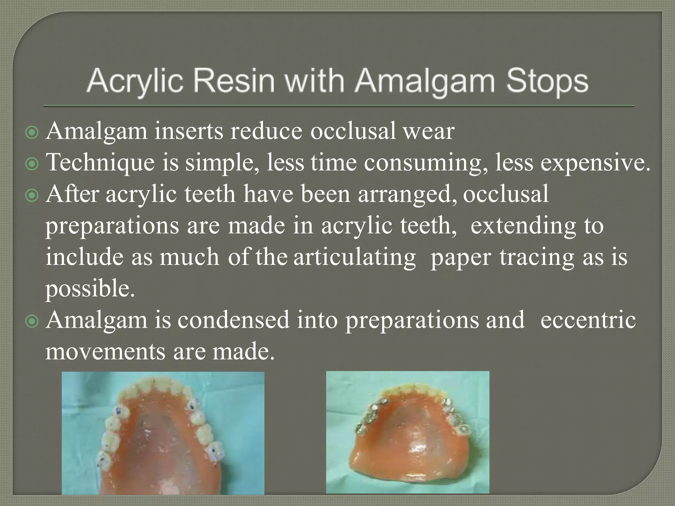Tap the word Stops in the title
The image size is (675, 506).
(x=547, y=81)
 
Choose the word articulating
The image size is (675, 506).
(x=355, y=258)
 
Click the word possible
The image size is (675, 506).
(x=90, y=289)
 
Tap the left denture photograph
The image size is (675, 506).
(x=163, y=433)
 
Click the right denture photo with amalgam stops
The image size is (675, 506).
(x=407, y=432)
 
